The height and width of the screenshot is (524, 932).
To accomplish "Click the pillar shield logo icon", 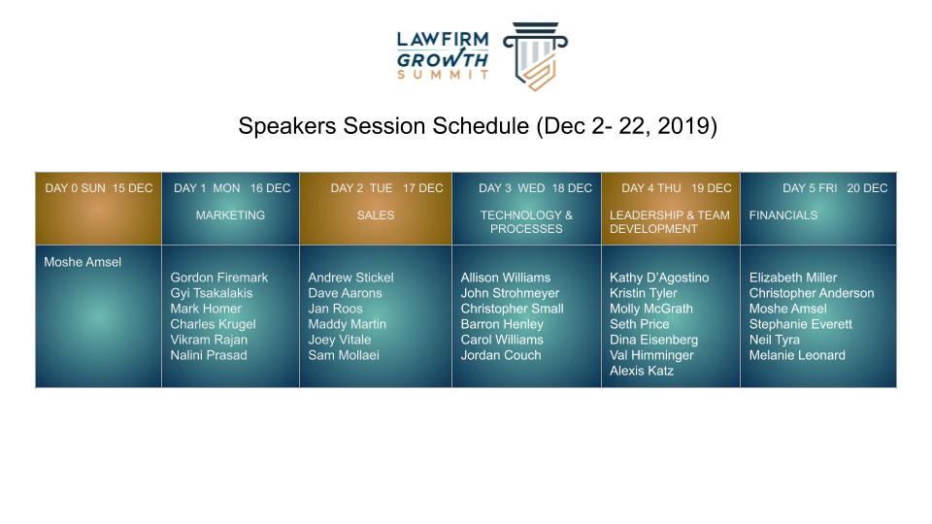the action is [536, 56].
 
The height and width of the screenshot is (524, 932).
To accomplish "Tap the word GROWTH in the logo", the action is [443, 59].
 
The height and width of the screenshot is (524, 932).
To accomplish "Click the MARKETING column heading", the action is [231, 215].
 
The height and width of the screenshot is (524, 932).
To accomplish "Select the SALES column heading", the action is [376, 215].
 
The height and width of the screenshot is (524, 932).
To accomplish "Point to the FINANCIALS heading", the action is [783, 215].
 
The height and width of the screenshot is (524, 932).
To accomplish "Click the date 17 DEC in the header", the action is [423, 188].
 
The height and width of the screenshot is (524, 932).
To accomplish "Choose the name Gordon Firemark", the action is [219, 278].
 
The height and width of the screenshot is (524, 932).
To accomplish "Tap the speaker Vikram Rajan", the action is [209, 340].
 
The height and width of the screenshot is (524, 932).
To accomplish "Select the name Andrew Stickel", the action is [350, 278].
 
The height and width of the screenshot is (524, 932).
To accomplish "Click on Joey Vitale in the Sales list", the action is [340, 340].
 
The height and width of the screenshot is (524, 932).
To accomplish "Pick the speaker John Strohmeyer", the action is [510, 293].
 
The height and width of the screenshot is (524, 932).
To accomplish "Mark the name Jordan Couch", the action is [501, 355].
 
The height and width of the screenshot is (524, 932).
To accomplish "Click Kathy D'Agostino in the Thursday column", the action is [659, 278].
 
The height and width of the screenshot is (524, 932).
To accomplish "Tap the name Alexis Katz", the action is [642, 371].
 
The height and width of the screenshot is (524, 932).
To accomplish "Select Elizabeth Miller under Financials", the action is [793, 278].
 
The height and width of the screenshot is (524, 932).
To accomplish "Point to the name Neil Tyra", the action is [775, 340].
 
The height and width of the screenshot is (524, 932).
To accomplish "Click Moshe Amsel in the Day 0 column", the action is [83, 262].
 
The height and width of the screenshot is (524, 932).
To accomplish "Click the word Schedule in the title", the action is [481, 126].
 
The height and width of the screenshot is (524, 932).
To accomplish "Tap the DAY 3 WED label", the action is [512, 188].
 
